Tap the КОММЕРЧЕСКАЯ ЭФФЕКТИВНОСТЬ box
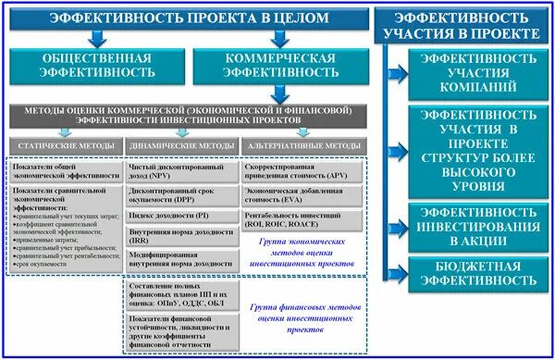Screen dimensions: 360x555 [x=274, y=68]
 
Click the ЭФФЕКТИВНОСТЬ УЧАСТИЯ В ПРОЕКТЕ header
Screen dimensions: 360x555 [x=467, y=25]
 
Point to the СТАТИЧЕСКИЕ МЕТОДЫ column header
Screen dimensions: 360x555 [x=65, y=146]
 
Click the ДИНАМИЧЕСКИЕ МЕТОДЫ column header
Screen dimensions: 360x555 [x=180, y=146]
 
